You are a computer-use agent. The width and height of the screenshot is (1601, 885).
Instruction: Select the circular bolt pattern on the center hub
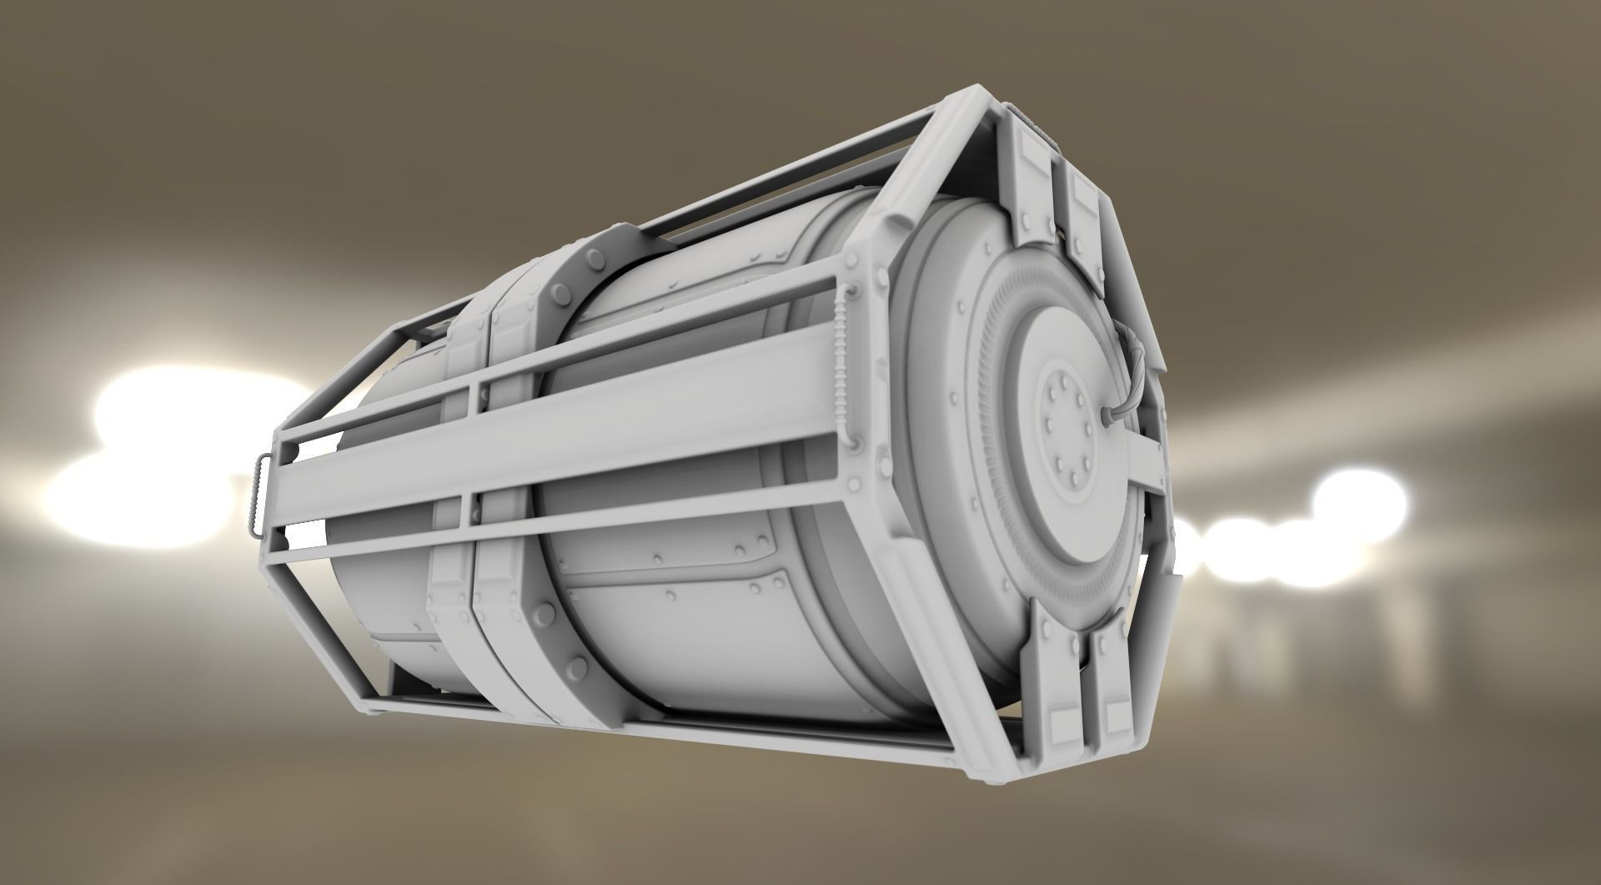pyautogui.click(x=1067, y=434)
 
